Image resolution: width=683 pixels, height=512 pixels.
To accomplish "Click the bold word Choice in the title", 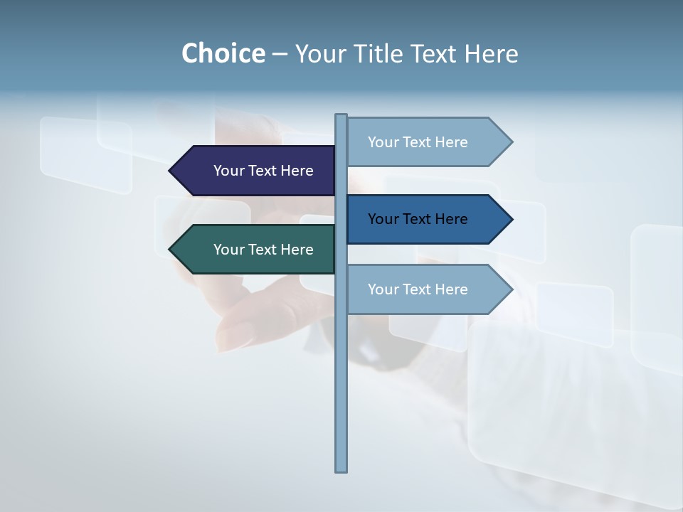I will tap(223, 53).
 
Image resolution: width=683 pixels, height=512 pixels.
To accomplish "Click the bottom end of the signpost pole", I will tap(341, 469).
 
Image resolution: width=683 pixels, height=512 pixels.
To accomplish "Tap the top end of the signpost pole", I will tap(341, 116).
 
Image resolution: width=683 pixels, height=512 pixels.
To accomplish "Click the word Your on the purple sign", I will tap(228, 171).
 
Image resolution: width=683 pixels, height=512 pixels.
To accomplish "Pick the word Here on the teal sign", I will tap(297, 250).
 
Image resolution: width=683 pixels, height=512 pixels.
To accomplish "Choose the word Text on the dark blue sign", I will tap(418, 219).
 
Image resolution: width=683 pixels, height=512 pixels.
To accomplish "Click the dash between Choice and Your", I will tap(280, 53).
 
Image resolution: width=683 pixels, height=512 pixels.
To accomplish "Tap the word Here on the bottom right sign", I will tap(451, 289).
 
